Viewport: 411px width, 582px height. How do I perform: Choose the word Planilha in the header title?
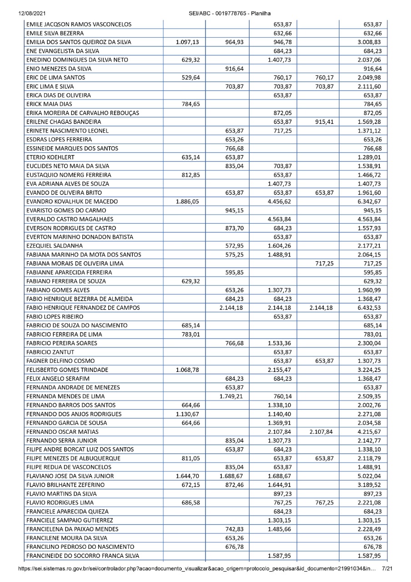click(261, 14)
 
